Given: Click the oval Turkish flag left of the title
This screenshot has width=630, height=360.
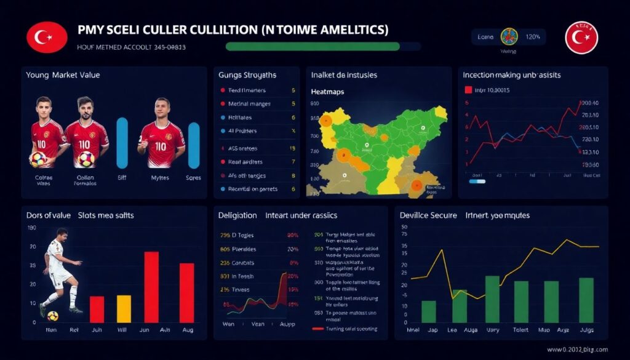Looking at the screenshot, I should pos(46,37).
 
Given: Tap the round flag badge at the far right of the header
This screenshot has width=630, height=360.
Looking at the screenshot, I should pos(581,37).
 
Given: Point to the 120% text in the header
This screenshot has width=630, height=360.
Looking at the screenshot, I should pos(533,37).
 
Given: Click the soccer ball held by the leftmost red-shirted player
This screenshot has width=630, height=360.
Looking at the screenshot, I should pos(39,159).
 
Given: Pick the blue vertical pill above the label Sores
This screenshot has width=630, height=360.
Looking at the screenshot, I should pos(194,145).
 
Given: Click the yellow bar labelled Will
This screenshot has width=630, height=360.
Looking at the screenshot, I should pos(124,309).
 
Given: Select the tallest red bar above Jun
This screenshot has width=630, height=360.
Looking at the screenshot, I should pos(151,287).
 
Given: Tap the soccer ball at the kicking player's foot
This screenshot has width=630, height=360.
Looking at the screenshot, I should pos(53,316).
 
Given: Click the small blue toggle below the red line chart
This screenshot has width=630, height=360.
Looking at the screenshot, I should pos(477,182).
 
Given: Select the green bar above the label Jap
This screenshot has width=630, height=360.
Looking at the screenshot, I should pos(429,311).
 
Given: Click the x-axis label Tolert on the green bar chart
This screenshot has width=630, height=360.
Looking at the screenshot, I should pos(520,330).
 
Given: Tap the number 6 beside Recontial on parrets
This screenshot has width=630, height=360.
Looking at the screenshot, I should pos(293,189).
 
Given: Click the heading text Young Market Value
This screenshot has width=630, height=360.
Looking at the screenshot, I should pos(63,74).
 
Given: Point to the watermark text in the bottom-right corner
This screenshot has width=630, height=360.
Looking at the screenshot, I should pos(572,350).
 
